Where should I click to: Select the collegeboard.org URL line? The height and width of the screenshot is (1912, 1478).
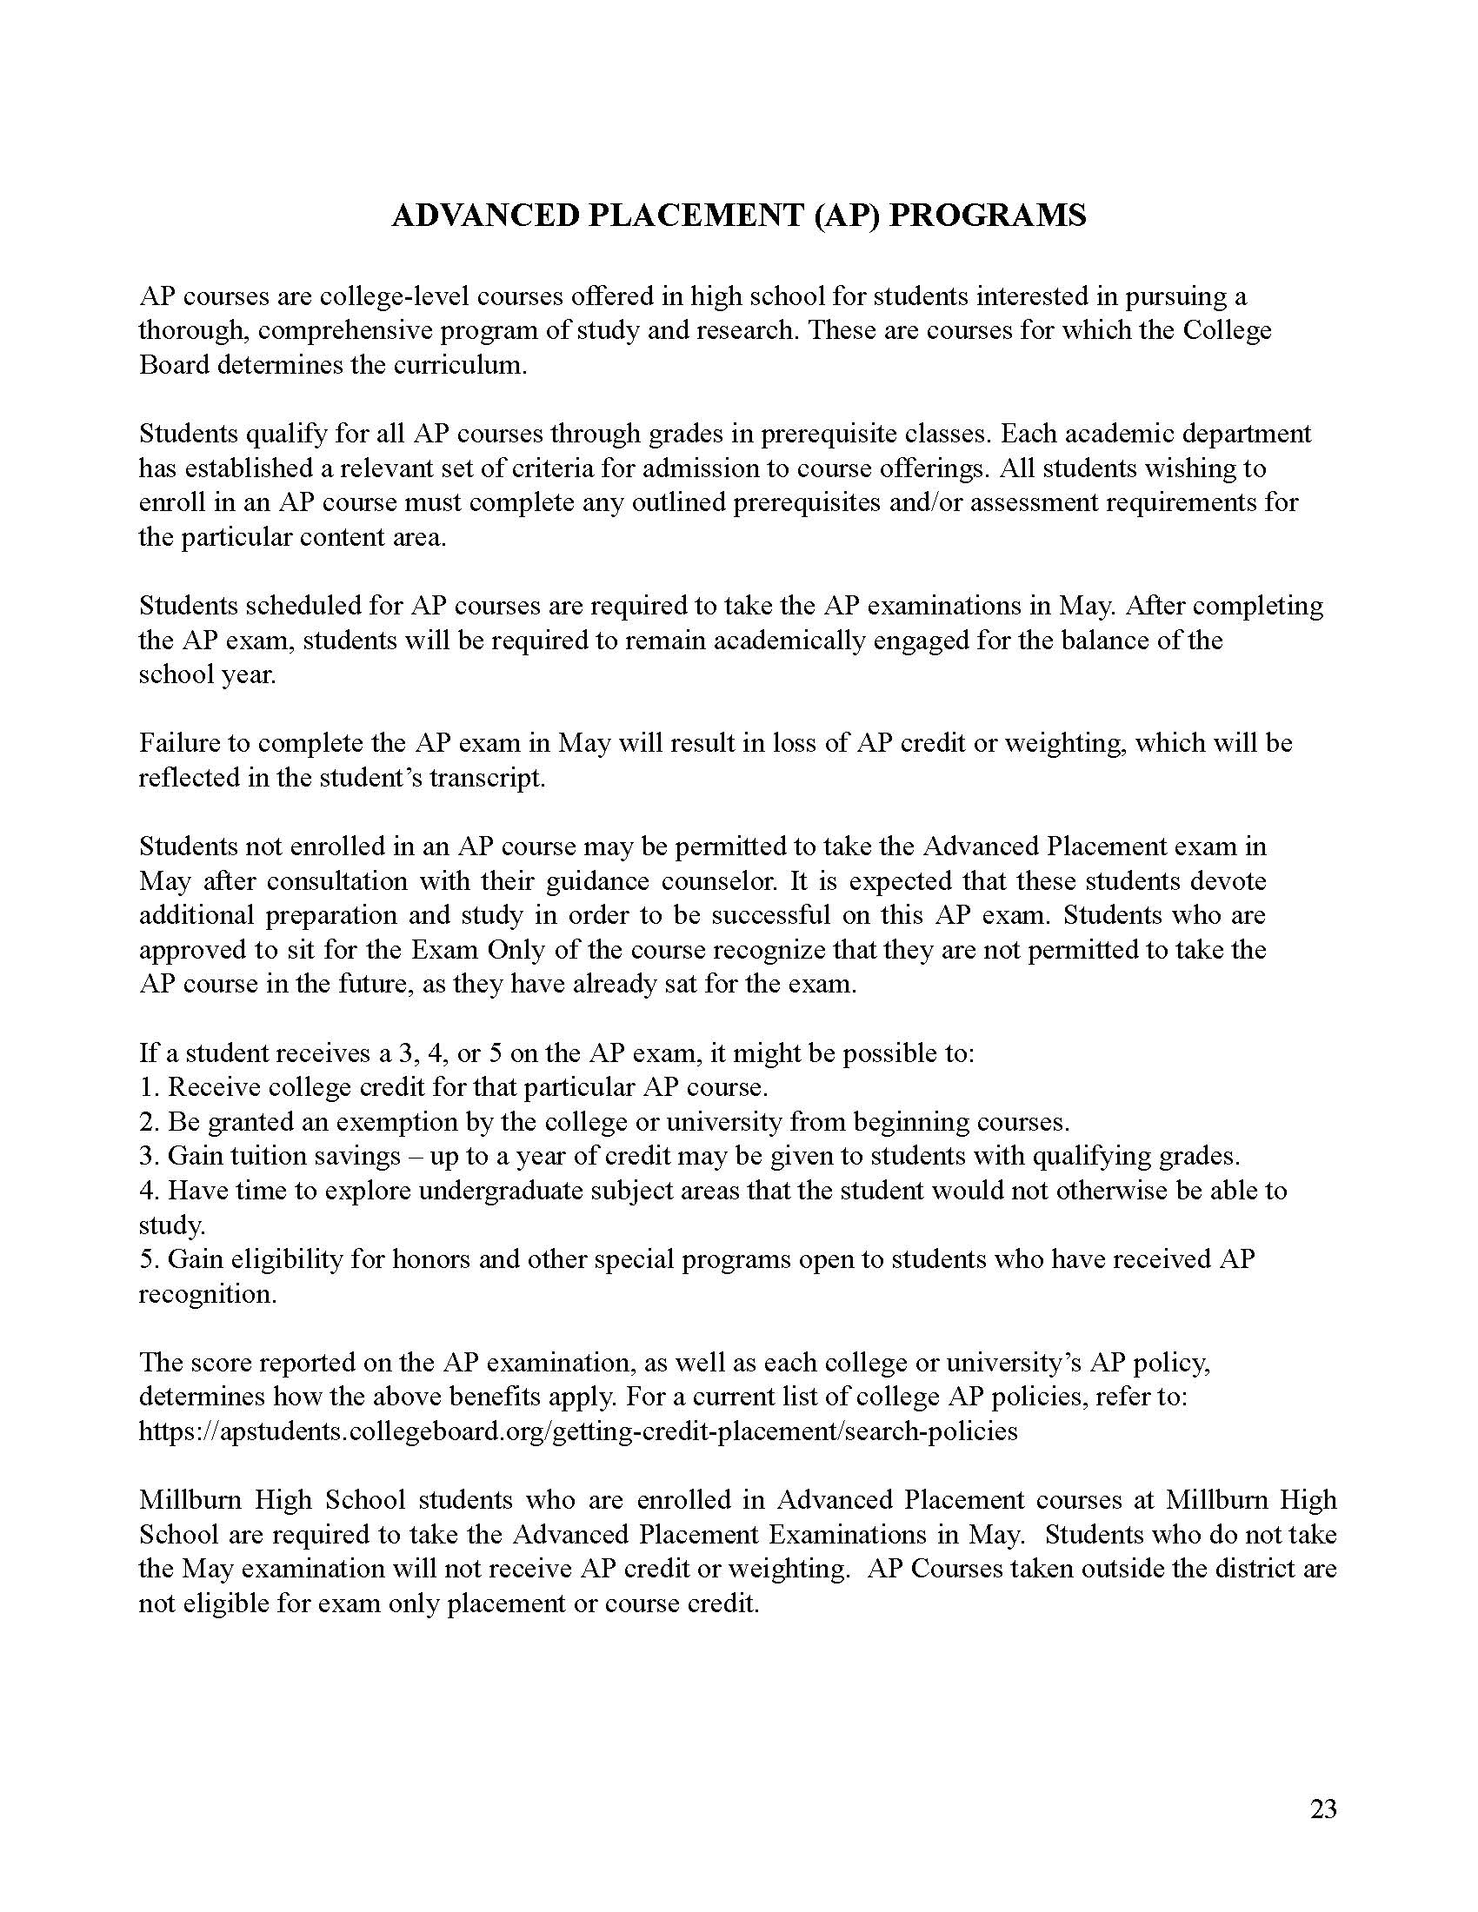(578, 1431)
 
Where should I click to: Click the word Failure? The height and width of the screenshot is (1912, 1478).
(178, 743)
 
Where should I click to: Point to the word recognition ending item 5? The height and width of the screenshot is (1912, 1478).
(208, 1294)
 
